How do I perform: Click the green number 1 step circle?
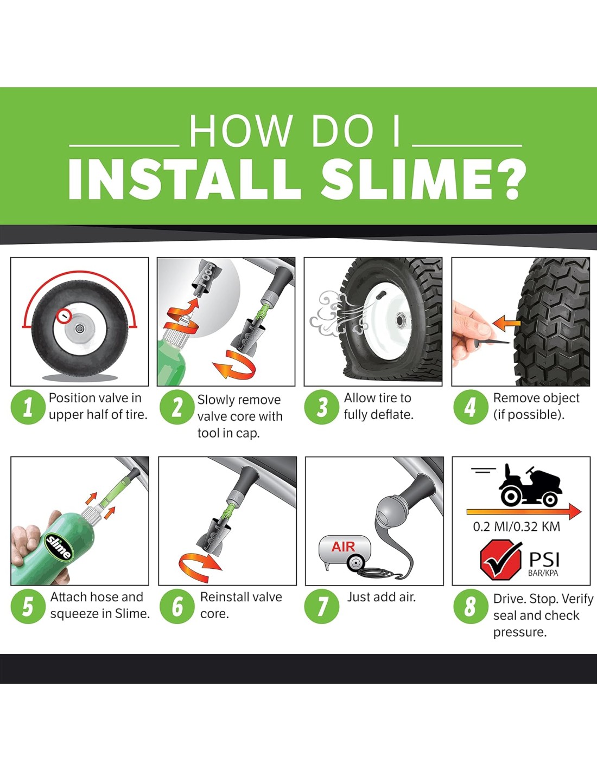click(x=28, y=407)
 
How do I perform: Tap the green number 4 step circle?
click(x=471, y=407)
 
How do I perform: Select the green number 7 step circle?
click(x=322, y=606)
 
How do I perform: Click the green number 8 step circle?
click(x=471, y=606)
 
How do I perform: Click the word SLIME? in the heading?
click(x=423, y=179)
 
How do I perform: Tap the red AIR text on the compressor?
click(x=343, y=547)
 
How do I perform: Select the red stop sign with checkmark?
click(x=500, y=560)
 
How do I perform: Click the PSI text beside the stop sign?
click(x=544, y=560)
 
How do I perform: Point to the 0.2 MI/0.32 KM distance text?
click(x=516, y=526)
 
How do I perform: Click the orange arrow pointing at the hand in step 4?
click(x=506, y=323)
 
